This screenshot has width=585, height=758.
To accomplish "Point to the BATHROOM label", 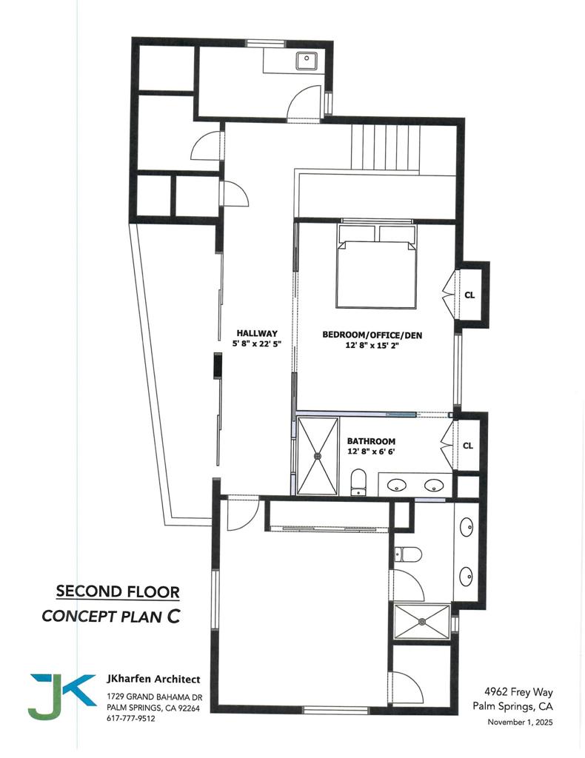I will click(371, 441).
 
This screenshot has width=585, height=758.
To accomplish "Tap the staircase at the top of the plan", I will click(385, 147).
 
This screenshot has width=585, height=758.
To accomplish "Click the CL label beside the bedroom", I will click(469, 294).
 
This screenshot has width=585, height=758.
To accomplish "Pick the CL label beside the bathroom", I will click(468, 446).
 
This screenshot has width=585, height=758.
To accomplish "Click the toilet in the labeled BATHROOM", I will click(358, 480).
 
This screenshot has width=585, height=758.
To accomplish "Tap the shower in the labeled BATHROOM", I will click(316, 456).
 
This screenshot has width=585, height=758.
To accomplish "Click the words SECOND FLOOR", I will click(118, 591).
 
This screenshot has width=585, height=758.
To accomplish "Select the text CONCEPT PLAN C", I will click(111, 615).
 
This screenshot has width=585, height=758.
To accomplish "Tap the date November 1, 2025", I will click(520, 722).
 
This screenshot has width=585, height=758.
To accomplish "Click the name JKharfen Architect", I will click(153, 679).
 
